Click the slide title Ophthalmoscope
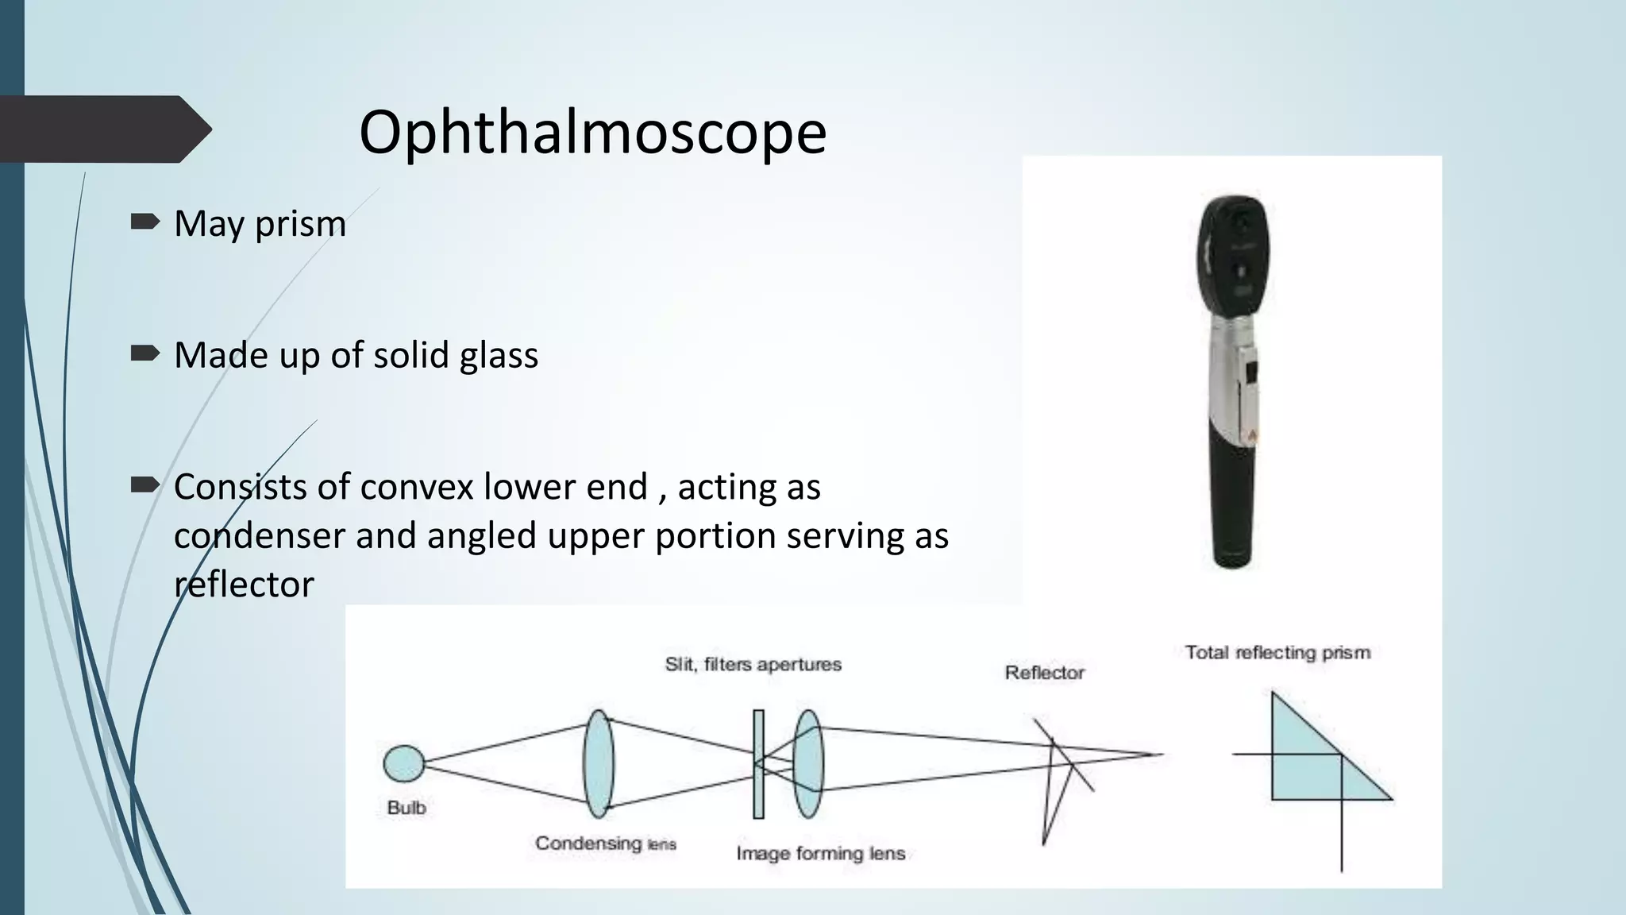pos(592,132)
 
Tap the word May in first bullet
pos(210,224)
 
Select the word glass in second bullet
pos(499,355)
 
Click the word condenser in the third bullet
pos(259,535)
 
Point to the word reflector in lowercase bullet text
pos(244,585)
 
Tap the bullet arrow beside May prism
pos(144,222)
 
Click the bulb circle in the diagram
pos(403,763)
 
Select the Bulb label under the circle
pos(406,808)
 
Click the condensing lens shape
pos(598,763)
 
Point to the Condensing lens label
pos(605,844)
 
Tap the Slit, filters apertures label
pos(753,664)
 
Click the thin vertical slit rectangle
pos(758,763)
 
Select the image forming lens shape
pos(808,763)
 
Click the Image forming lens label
pos(820,854)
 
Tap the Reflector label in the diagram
pos(1044,673)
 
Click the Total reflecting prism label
pos(1277,653)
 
